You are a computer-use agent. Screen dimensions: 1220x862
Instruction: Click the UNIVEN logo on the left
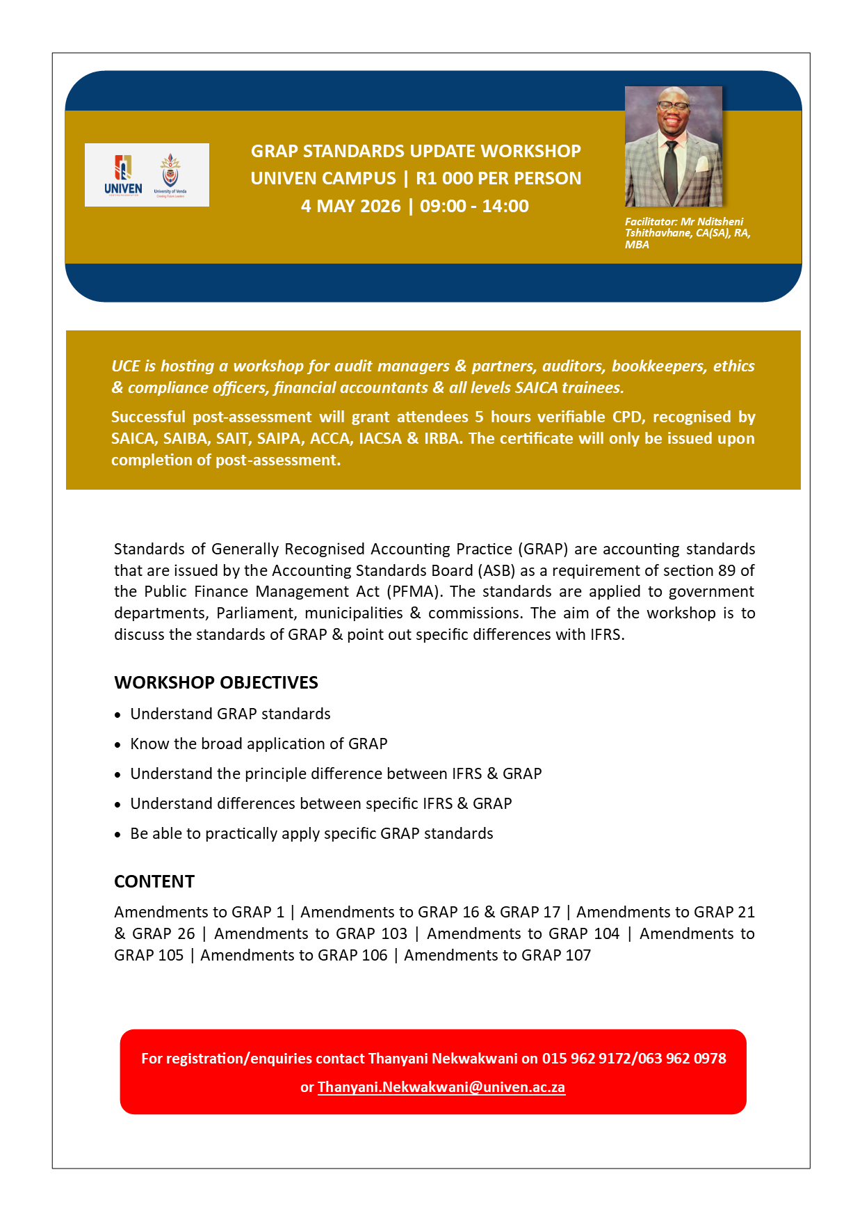coord(123,175)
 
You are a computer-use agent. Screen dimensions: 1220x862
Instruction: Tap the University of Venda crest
coord(170,175)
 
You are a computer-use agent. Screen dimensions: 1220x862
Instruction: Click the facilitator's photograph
coord(673,146)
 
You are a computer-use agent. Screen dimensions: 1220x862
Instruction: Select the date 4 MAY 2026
coord(351,207)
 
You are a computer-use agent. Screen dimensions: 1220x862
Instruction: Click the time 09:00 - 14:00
coord(474,207)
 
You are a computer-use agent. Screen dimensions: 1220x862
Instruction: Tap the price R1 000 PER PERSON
coord(498,179)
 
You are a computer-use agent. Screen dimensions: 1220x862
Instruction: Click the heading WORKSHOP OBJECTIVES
coord(216,682)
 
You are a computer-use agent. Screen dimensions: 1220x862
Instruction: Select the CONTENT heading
coord(154,881)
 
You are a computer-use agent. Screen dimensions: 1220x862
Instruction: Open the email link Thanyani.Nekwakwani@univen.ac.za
coord(441,1087)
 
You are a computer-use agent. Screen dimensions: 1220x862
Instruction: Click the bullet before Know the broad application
coord(118,745)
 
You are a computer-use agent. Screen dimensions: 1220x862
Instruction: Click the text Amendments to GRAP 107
coord(497,955)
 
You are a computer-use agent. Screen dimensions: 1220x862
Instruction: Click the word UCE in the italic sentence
coord(126,367)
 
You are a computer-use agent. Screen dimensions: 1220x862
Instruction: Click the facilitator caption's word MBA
coord(637,245)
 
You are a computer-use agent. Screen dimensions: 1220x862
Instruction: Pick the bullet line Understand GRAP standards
coord(230,714)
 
